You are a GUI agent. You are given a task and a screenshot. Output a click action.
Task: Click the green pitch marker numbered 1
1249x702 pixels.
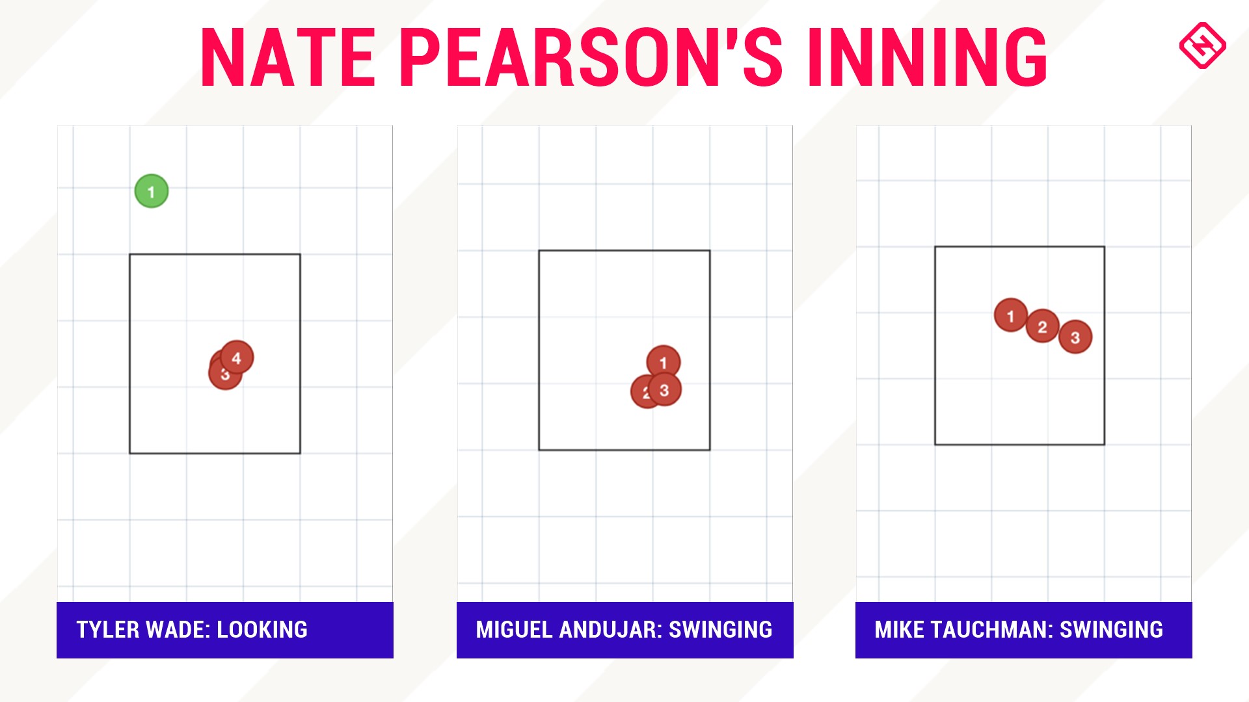pos(152,191)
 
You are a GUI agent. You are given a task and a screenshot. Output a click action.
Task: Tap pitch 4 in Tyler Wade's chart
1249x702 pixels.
pos(237,357)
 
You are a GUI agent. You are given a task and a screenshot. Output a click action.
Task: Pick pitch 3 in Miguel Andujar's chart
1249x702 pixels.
pos(665,390)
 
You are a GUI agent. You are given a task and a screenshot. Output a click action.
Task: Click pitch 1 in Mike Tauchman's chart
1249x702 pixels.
pos(1010,315)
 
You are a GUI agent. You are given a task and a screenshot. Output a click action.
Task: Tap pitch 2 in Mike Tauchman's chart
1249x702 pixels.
pos(1043,326)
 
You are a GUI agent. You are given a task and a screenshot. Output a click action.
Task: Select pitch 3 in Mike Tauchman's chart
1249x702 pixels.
pos(1075,337)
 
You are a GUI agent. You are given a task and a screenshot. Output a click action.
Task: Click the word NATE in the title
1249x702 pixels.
pos(288,57)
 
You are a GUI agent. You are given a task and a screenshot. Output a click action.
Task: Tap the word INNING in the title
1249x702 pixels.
pos(928,57)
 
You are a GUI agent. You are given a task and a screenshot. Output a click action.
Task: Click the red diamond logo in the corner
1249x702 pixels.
pos(1203,45)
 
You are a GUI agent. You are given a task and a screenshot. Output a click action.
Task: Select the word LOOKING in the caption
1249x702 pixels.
pos(262,629)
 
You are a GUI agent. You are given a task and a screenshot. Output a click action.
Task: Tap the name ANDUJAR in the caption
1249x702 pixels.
pos(610,629)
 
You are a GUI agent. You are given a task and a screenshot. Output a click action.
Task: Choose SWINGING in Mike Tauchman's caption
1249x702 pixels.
pos(1112,629)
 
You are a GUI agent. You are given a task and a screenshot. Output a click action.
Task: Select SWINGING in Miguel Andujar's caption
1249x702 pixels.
pos(721,629)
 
